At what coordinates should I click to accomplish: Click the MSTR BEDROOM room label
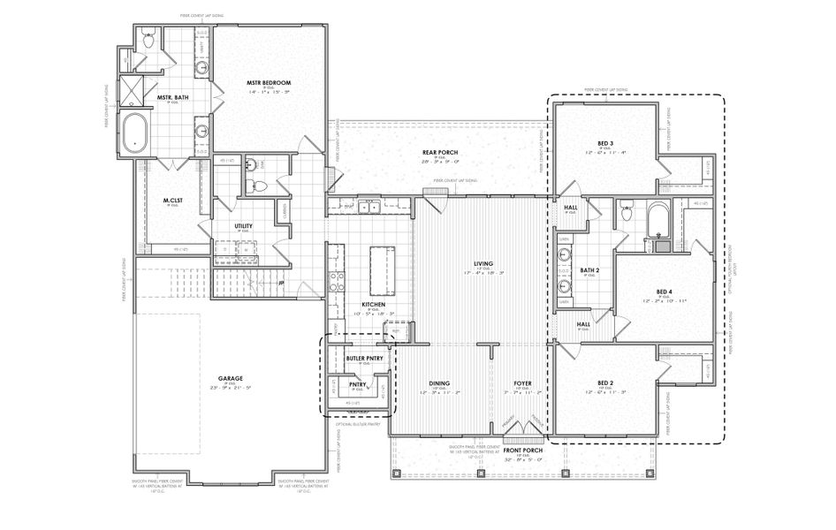click(x=269, y=83)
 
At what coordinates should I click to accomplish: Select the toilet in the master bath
click(x=147, y=39)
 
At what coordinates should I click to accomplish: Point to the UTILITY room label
click(x=244, y=226)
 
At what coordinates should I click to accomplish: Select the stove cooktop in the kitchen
click(x=337, y=281)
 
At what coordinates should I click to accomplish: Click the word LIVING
click(x=483, y=263)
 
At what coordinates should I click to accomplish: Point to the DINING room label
click(x=439, y=383)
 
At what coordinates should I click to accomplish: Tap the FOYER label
click(x=523, y=383)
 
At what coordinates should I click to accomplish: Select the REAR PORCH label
click(x=439, y=153)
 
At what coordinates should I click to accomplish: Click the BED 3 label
click(x=605, y=142)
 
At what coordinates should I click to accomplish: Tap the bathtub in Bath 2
click(x=657, y=220)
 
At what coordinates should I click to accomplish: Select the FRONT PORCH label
click(x=523, y=450)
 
